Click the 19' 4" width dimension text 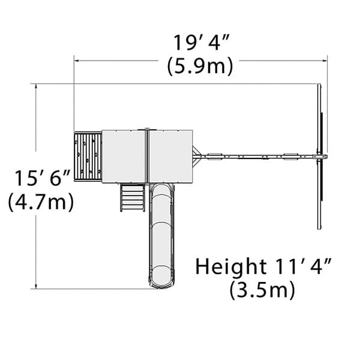click(201, 43)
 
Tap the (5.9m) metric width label click(200, 67)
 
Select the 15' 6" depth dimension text click(42, 178)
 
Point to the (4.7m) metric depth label click(41, 202)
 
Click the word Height click(231, 266)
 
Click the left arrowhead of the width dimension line click(77, 61)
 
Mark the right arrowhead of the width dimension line click(325, 61)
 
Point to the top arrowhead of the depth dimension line click(36, 86)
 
